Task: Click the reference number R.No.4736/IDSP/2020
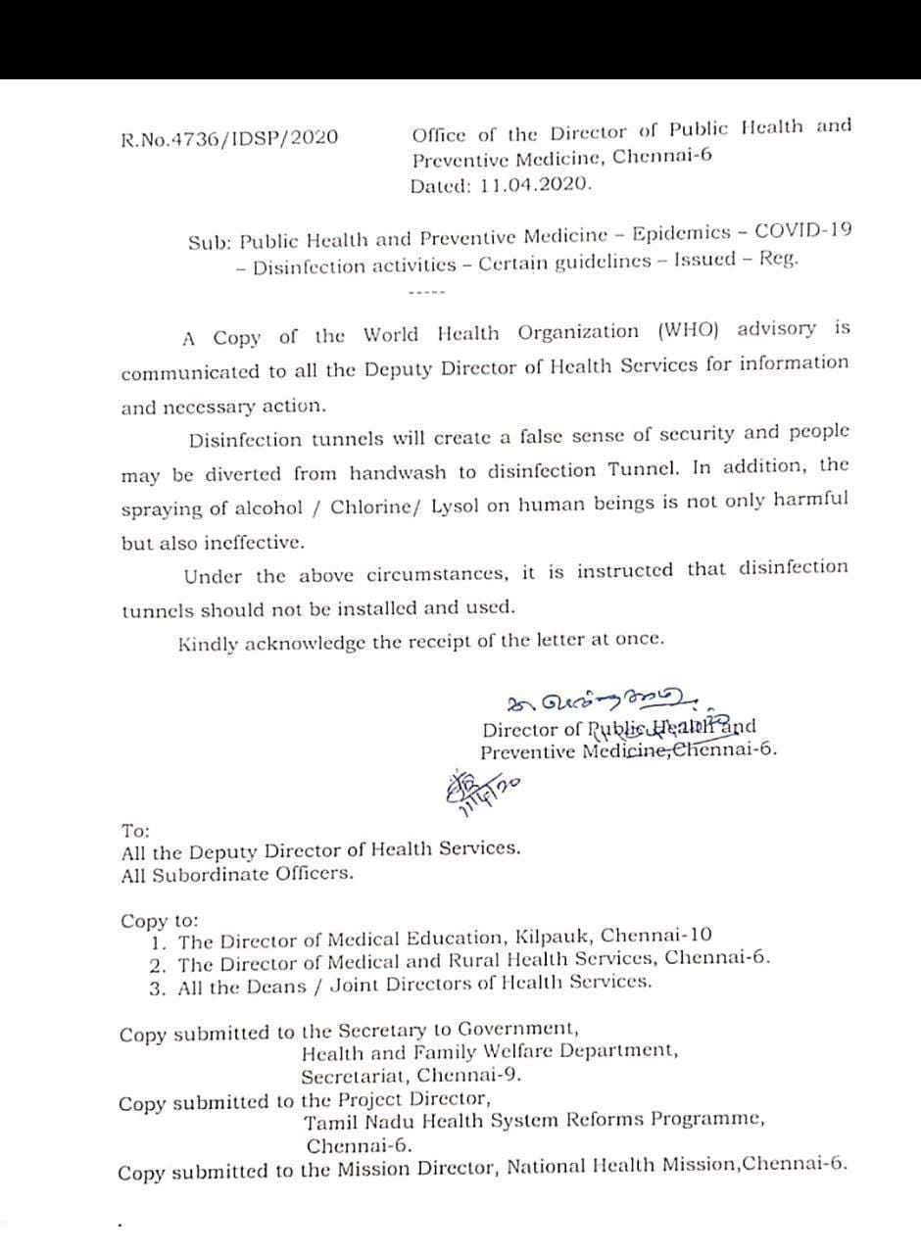pos(229,137)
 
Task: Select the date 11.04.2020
pos(537,184)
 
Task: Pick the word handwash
pos(400,473)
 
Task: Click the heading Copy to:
pos(159,921)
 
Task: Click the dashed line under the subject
pos(426,292)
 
